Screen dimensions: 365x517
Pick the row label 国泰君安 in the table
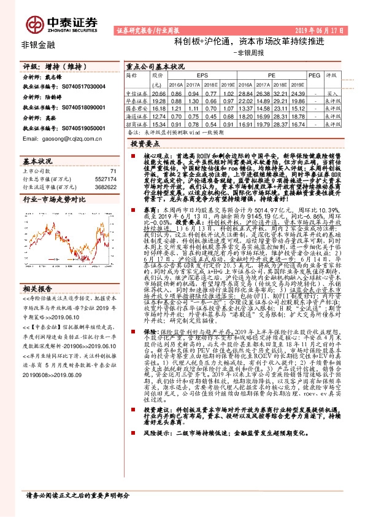tap(136, 106)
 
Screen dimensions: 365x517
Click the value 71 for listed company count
tap(112, 171)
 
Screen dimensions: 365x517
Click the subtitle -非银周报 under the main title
tap(247, 53)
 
